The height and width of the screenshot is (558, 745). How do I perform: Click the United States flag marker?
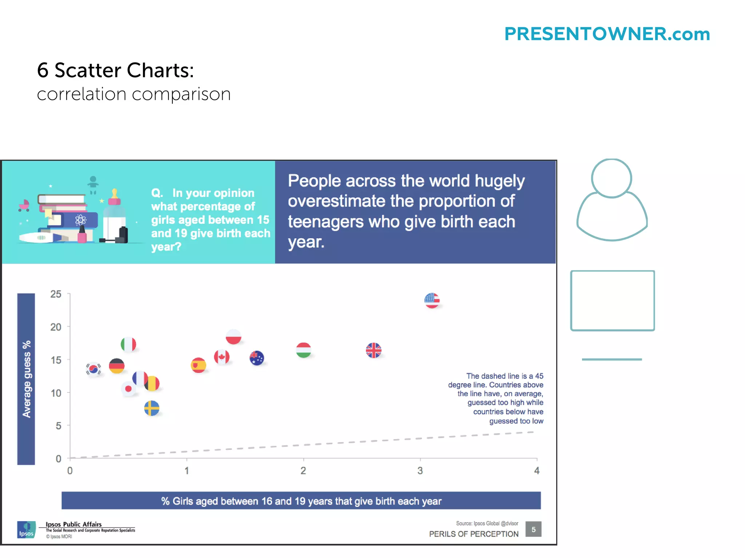pyautogui.click(x=432, y=300)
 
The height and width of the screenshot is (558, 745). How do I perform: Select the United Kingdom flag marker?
pyautogui.click(x=374, y=351)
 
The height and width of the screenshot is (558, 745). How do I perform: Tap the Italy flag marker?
pyautogui.click(x=128, y=344)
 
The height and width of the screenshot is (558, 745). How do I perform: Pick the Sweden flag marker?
pyautogui.click(x=152, y=408)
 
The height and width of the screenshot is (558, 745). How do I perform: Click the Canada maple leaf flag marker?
pyautogui.click(x=222, y=357)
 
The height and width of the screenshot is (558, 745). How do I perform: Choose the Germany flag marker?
pyautogui.click(x=117, y=366)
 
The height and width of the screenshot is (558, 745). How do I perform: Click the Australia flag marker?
pyautogui.click(x=257, y=358)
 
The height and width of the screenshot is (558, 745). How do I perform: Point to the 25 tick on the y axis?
pyautogui.click(x=56, y=294)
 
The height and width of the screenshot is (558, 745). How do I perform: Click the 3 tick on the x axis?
pyautogui.click(x=420, y=471)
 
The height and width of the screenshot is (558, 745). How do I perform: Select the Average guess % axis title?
pyautogui.click(x=26, y=379)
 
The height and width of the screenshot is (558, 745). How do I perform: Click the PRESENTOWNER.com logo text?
pyautogui.click(x=607, y=34)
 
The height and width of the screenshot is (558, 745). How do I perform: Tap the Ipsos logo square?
pyautogui.click(x=26, y=529)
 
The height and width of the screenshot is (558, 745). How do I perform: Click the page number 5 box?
pyautogui.click(x=533, y=529)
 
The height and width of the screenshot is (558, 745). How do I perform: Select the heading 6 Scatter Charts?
pyautogui.click(x=115, y=70)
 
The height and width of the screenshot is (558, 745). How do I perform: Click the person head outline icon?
pyautogui.click(x=611, y=178)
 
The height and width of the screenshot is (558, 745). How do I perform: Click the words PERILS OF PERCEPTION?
pyautogui.click(x=474, y=534)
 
